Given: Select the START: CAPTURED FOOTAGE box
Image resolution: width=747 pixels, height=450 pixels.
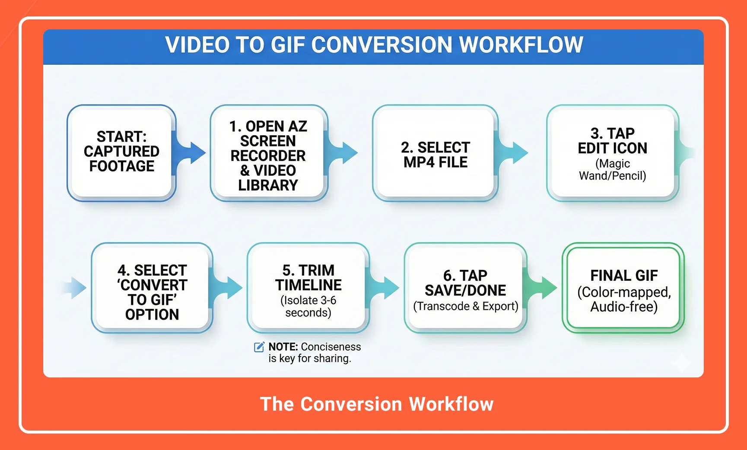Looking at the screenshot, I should click(121, 152).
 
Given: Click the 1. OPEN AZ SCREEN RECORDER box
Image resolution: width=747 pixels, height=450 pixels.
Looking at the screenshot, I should click(268, 153).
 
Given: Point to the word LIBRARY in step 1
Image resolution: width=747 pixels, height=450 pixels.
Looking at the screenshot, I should click(268, 185).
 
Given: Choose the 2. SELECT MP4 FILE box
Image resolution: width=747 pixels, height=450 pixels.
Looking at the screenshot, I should click(435, 154).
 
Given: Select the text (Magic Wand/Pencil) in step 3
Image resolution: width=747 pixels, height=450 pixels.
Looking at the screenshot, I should click(612, 170).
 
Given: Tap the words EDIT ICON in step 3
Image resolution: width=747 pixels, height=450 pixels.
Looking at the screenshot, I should click(612, 148).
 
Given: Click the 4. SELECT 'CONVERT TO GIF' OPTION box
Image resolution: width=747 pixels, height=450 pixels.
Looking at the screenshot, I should click(152, 288).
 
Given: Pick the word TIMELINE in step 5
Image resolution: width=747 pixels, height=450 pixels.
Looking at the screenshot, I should click(308, 285).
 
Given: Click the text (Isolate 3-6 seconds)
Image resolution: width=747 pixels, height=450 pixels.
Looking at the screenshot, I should click(308, 306).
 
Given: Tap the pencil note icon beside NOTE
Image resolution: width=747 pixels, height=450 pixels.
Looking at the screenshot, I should click(259, 347).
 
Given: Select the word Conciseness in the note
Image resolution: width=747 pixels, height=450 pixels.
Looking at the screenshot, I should click(331, 347).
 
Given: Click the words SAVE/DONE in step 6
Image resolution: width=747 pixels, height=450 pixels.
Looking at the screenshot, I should click(465, 290).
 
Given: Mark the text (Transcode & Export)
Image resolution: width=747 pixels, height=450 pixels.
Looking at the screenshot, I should click(465, 306).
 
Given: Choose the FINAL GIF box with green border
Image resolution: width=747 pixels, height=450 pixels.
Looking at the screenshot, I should click(623, 288).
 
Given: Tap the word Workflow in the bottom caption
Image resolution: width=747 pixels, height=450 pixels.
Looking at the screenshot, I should click(451, 404).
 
